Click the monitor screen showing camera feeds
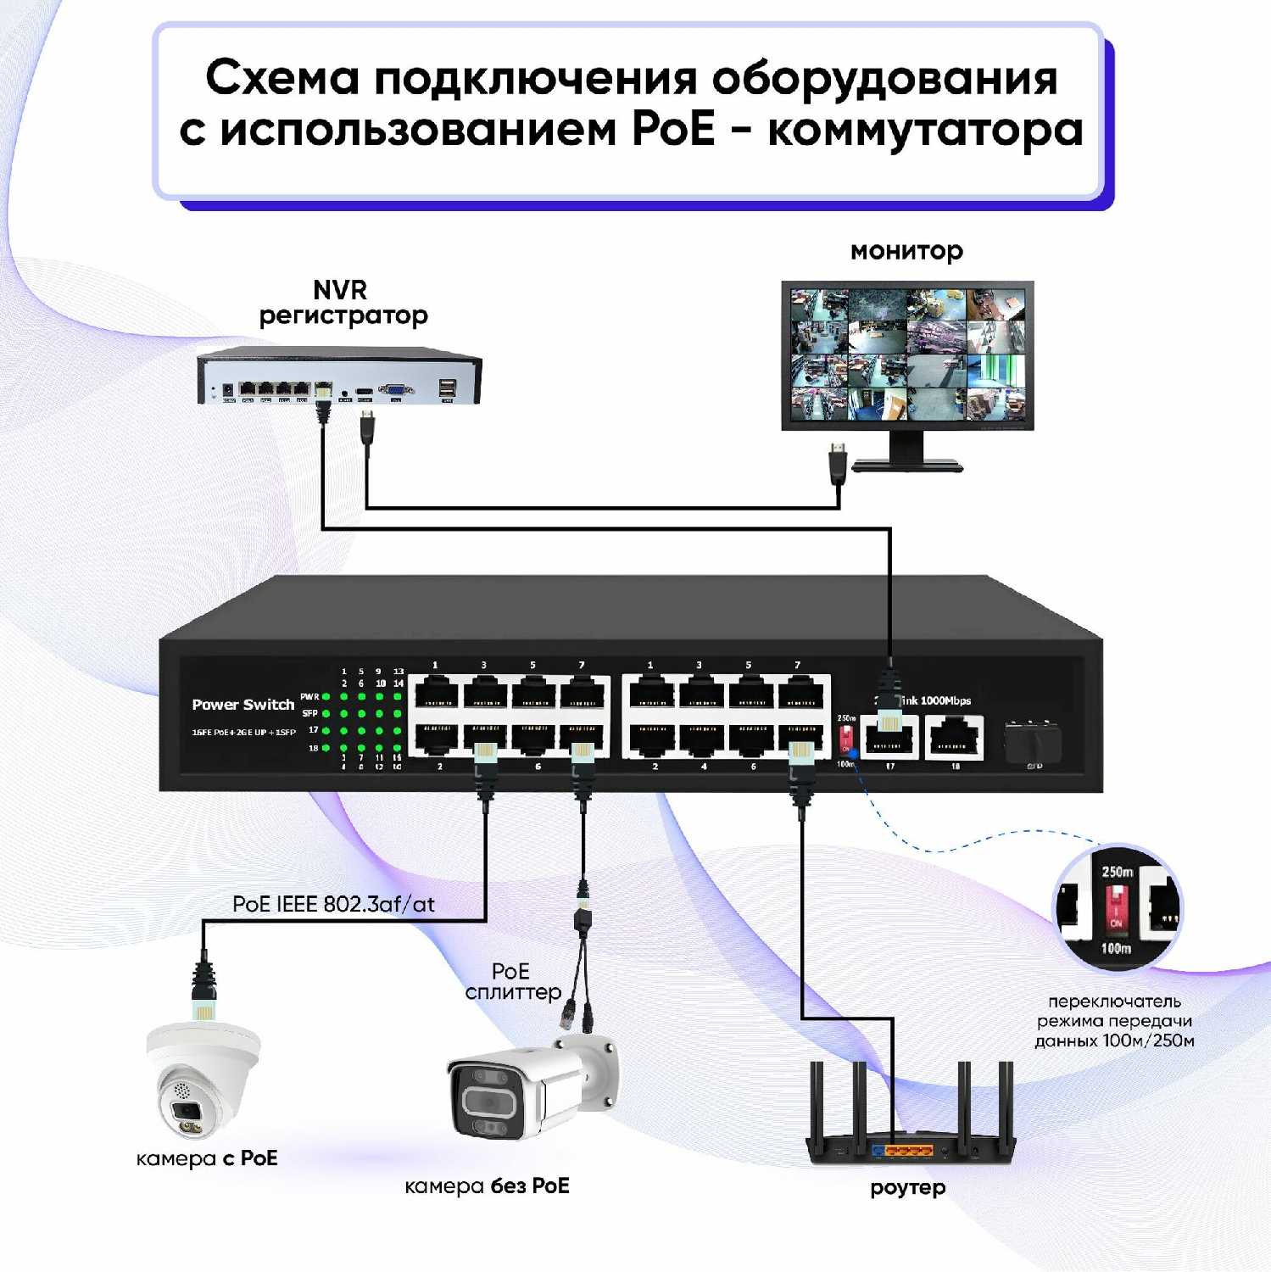pos(907,354)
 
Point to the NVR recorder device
pos(339,377)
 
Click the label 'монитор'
pos(906,251)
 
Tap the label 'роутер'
pos(907,1187)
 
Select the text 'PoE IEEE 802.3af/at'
pos(333,904)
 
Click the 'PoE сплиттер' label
pos(512,981)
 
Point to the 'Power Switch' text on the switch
pos(242,704)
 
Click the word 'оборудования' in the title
pos(884,78)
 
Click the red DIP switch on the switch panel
pos(845,740)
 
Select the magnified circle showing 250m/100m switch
pos(1116,907)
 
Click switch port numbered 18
pos(954,735)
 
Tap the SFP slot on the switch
pos(1032,741)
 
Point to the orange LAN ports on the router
pos(902,1151)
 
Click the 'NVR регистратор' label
pos(342,303)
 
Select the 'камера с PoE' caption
pos(207,1158)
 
